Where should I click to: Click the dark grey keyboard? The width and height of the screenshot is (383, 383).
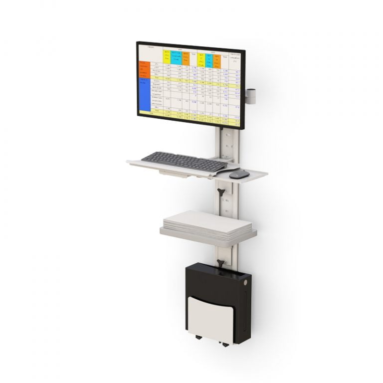click(x=185, y=161)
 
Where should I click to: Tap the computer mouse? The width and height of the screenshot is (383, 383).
click(x=239, y=174)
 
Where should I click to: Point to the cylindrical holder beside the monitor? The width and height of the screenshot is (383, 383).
click(x=251, y=95)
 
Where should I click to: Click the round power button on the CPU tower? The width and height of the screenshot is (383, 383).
click(x=245, y=282)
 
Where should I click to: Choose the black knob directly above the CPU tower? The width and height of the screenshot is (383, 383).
click(x=220, y=262)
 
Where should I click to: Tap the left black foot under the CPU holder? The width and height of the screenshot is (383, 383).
click(x=199, y=338)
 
